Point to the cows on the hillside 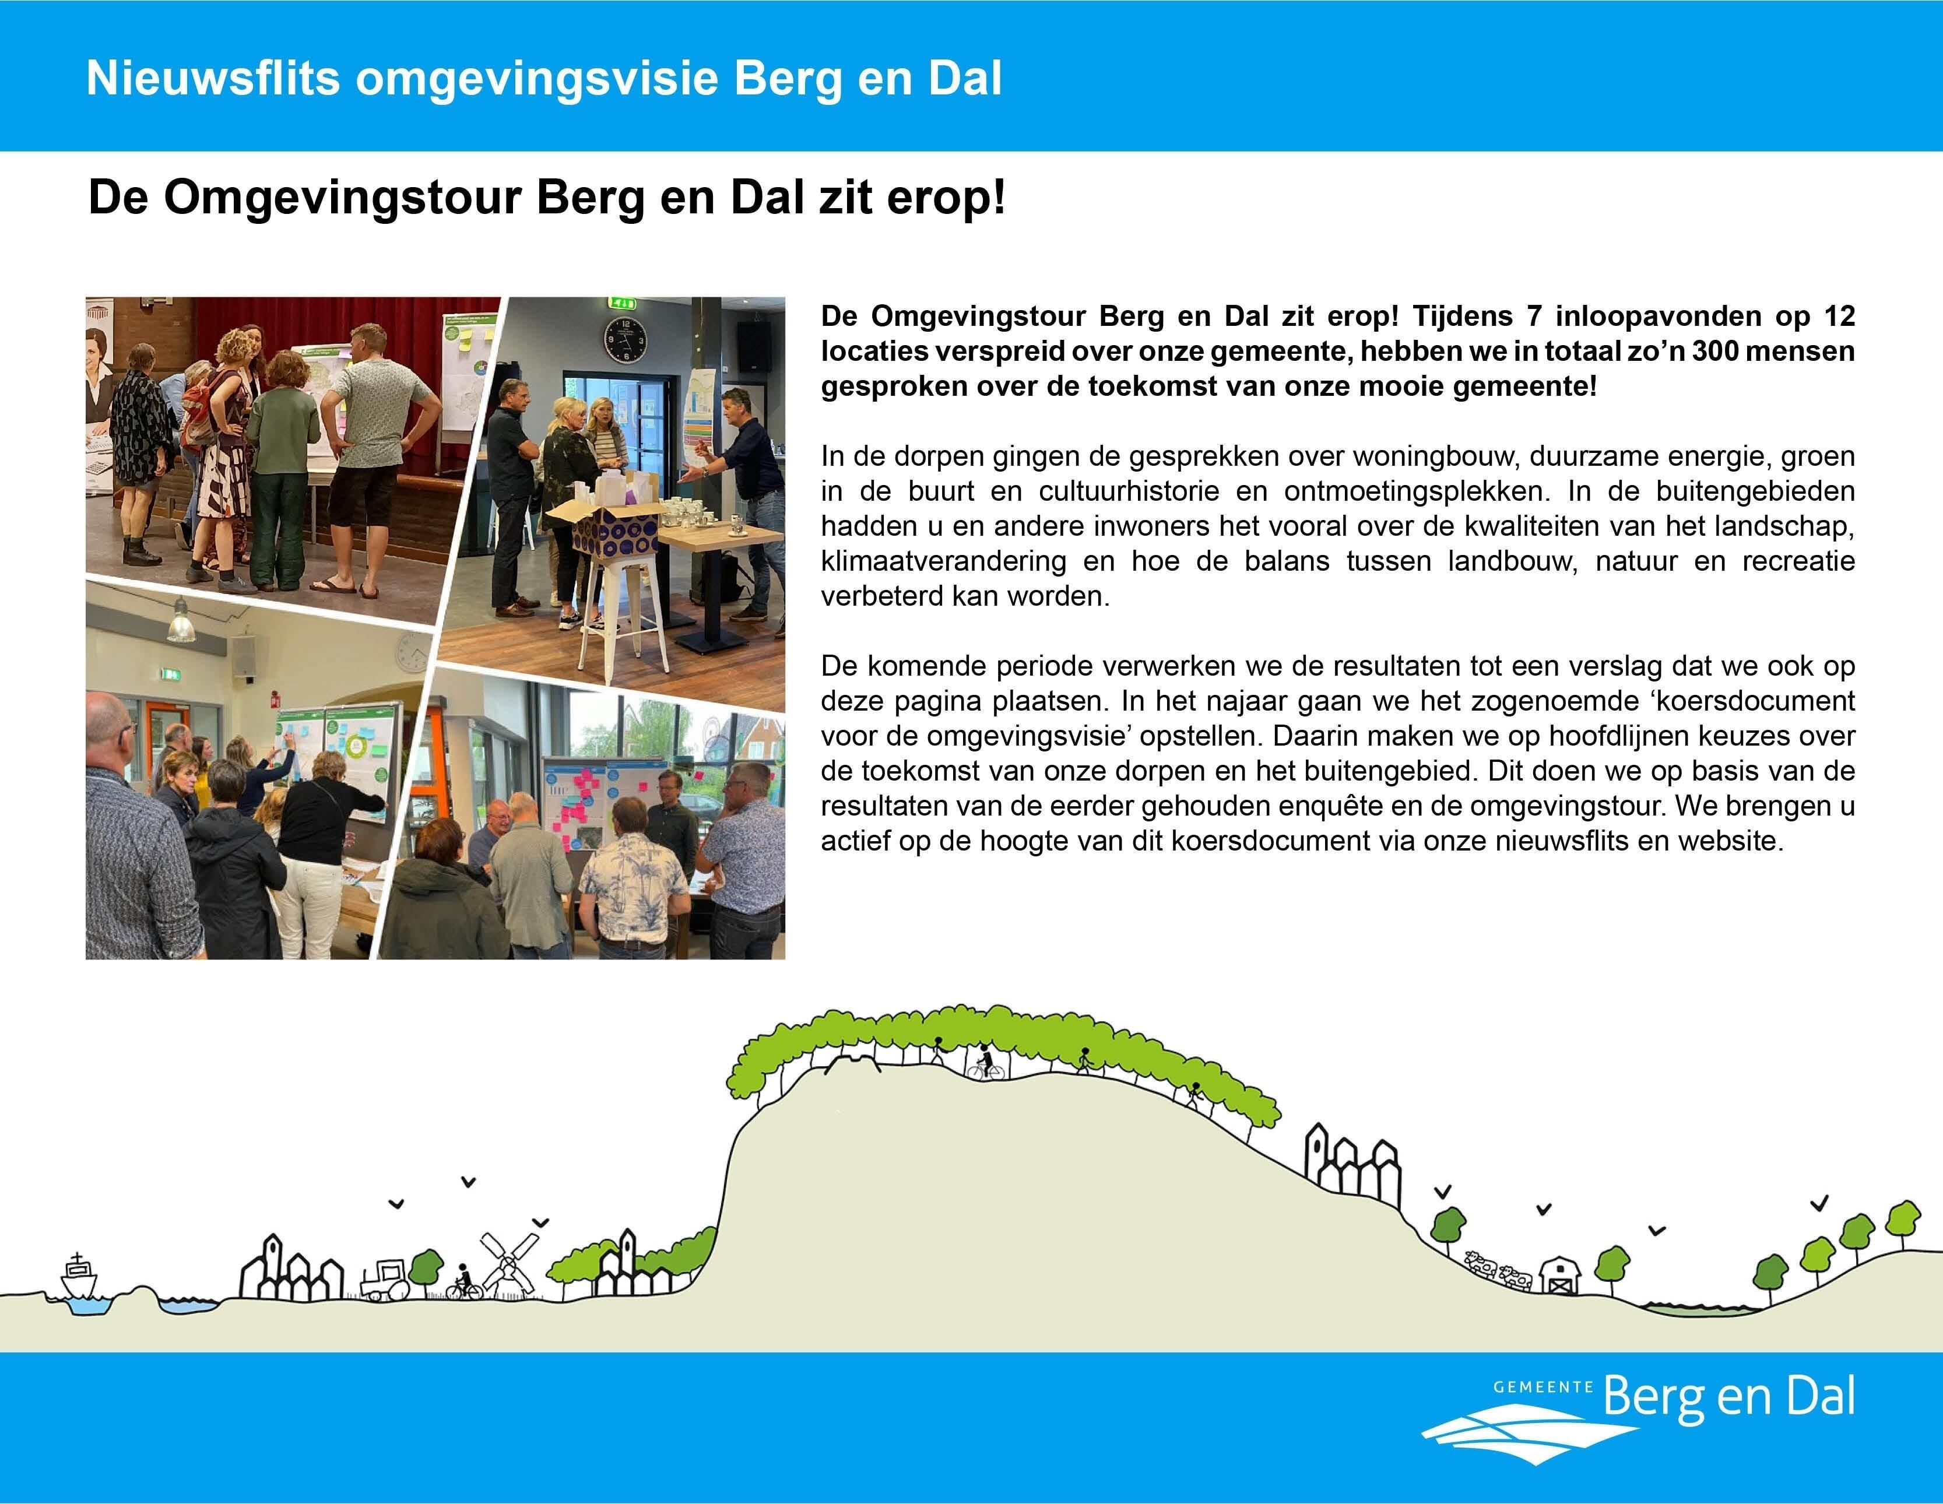(1497, 1269)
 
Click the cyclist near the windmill (465, 1282)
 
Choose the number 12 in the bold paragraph (1838, 316)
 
